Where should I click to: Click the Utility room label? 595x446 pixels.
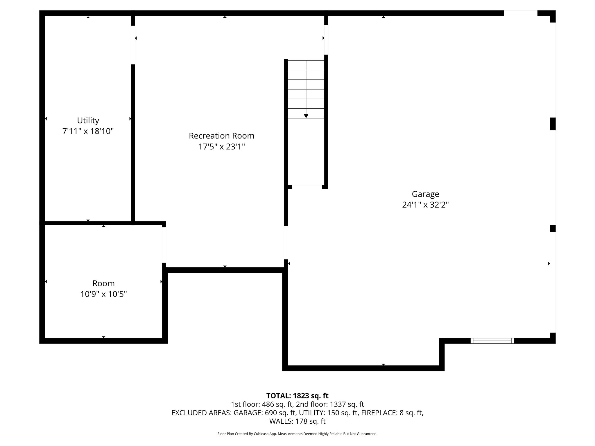88,120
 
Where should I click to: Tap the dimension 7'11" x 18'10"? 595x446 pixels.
88,131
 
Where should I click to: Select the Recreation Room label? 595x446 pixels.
221,136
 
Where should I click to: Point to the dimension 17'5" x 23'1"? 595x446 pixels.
221,147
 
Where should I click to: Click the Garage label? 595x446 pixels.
425,194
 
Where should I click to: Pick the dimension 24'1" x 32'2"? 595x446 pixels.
425,205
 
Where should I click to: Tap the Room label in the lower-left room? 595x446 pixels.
103,283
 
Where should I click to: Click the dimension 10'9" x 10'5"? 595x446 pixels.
103,294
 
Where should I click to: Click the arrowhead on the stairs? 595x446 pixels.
306,116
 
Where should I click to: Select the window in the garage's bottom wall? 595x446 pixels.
492,341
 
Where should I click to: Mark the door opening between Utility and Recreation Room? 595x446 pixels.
133,45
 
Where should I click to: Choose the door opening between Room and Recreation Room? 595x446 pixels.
164,245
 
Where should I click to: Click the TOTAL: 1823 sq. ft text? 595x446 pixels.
297,396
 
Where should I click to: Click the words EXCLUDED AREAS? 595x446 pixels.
201,413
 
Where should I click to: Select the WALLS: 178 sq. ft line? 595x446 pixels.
297,421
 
